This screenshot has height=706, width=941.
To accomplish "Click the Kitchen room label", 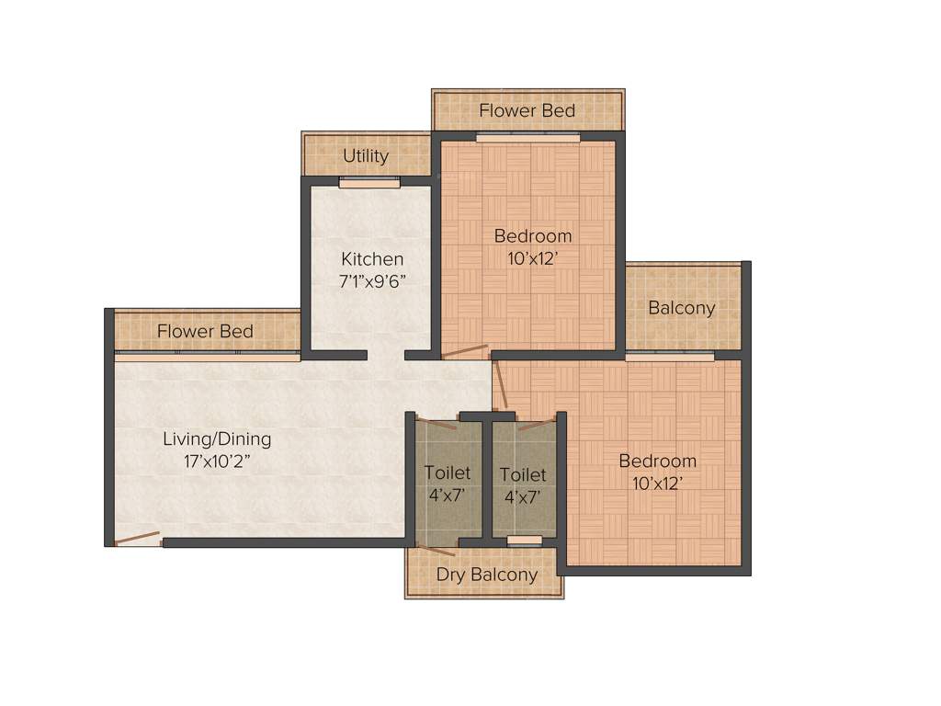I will [x=372, y=259].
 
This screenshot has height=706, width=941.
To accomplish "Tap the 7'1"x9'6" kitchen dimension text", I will [x=372, y=281].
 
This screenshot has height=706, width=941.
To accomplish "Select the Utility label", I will [x=366, y=156].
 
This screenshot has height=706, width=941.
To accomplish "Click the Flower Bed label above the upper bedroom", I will [x=527, y=111].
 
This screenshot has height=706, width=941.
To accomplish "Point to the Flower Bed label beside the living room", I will [x=205, y=331].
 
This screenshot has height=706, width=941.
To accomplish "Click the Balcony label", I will [x=681, y=308].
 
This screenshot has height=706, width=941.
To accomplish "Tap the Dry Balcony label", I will [x=486, y=575].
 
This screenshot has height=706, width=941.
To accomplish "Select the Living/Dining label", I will [x=217, y=438].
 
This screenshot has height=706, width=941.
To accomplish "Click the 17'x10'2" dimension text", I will [x=217, y=461].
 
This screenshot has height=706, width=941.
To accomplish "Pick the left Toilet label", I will [x=447, y=473].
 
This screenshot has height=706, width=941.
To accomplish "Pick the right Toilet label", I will [x=523, y=475].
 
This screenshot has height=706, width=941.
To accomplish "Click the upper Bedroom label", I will [x=533, y=236].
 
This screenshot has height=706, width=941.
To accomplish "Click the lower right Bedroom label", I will [x=657, y=461].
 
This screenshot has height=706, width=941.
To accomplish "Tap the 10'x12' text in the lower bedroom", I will [x=657, y=483].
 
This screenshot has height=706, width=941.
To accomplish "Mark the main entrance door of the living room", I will [x=137, y=539].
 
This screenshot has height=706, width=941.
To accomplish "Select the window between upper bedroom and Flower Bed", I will [x=527, y=138].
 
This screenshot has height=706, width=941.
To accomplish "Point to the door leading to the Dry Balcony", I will [x=436, y=550].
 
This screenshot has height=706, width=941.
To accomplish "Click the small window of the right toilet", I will [x=524, y=541].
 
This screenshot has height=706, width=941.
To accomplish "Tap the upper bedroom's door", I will [x=465, y=351].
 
